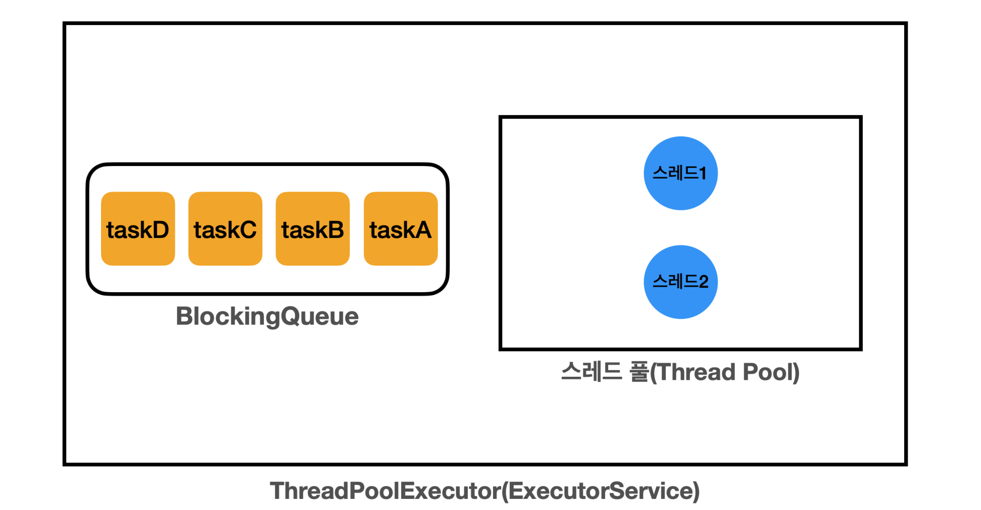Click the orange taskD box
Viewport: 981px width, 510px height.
click(x=138, y=228)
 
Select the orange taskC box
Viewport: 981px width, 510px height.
click(x=225, y=228)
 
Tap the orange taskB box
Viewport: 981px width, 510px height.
click(x=313, y=228)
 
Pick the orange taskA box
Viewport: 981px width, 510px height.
click(x=401, y=228)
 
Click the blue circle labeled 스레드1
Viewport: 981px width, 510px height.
click(x=680, y=173)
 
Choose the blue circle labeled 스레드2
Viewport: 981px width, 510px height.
click(x=680, y=282)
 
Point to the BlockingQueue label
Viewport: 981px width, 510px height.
click(x=267, y=317)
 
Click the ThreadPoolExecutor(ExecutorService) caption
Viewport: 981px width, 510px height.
click(x=485, y=491)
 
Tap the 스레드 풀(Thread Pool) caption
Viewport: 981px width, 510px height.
click(x=680, y=373)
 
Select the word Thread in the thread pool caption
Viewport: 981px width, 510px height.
click(x=697, y=372)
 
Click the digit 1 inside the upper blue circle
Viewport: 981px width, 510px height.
click(x=703, y=174)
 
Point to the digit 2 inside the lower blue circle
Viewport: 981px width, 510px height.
click(x=703, y=282)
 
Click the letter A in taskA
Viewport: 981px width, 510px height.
click(x=422, y=230)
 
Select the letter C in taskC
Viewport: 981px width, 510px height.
click(x=247, y=230)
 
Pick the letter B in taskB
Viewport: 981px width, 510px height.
click(x=334, y=230)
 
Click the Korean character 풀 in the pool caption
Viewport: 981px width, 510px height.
click(x=639, y=372)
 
